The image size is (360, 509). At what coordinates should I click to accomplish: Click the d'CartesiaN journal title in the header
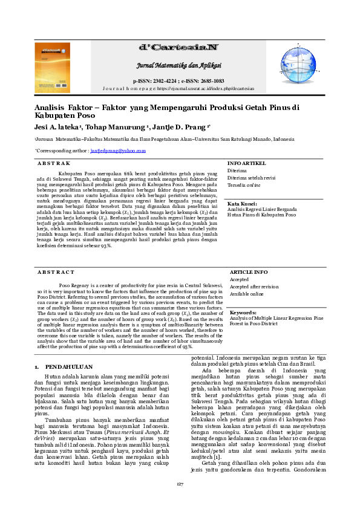pyautogui.click(x=178, y=47)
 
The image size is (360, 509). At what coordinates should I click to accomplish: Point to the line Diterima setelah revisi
pyautogui.click(x=251, y=178)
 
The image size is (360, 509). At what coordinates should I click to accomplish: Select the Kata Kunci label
pyautogui.click(x=242, y=204)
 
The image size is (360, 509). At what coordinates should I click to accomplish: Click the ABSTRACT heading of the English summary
pyautogui.click(x=56, y=273)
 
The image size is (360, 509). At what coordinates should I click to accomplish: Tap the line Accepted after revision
pyautogui.click(x=254, y=287)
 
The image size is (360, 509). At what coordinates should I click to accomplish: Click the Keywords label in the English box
pyautogui.click(x=243, y=313)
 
